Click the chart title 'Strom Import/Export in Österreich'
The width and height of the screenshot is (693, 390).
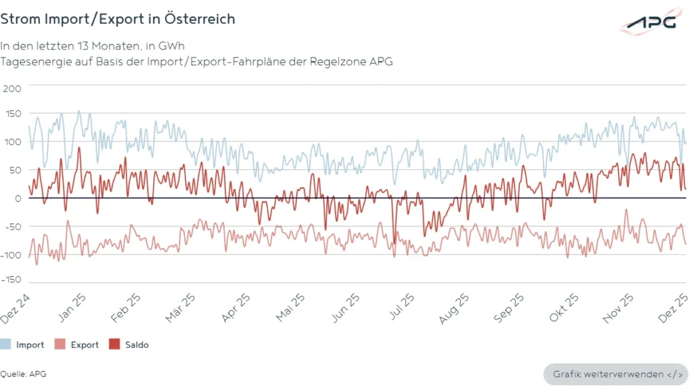118,19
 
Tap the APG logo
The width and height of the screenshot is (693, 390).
650,23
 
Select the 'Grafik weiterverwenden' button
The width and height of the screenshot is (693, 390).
615,374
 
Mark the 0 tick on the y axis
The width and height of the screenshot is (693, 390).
18,198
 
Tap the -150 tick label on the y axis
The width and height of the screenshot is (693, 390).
11,280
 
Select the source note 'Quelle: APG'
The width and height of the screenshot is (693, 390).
23,374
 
